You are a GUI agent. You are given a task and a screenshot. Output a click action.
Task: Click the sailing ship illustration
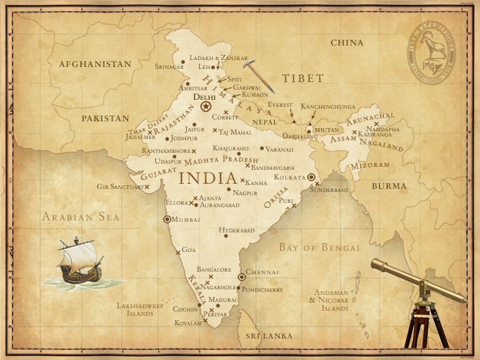(79, 260)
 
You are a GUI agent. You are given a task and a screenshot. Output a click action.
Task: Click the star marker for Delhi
(206, 107)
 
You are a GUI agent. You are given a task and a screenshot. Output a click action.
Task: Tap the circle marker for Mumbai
(167, 219)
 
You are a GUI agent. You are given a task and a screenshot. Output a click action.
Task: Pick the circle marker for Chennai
(241, 277)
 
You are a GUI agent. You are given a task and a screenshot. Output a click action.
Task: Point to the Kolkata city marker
(311, 177)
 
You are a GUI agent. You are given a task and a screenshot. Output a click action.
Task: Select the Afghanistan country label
(95, 64)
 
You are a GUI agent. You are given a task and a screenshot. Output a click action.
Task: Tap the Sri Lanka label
(269, 336)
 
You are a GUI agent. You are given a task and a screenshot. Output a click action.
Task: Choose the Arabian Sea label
(80, 217)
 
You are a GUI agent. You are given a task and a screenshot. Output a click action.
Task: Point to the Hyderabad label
(237, 231)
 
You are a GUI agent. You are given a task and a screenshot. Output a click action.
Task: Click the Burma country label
(389, 186)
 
